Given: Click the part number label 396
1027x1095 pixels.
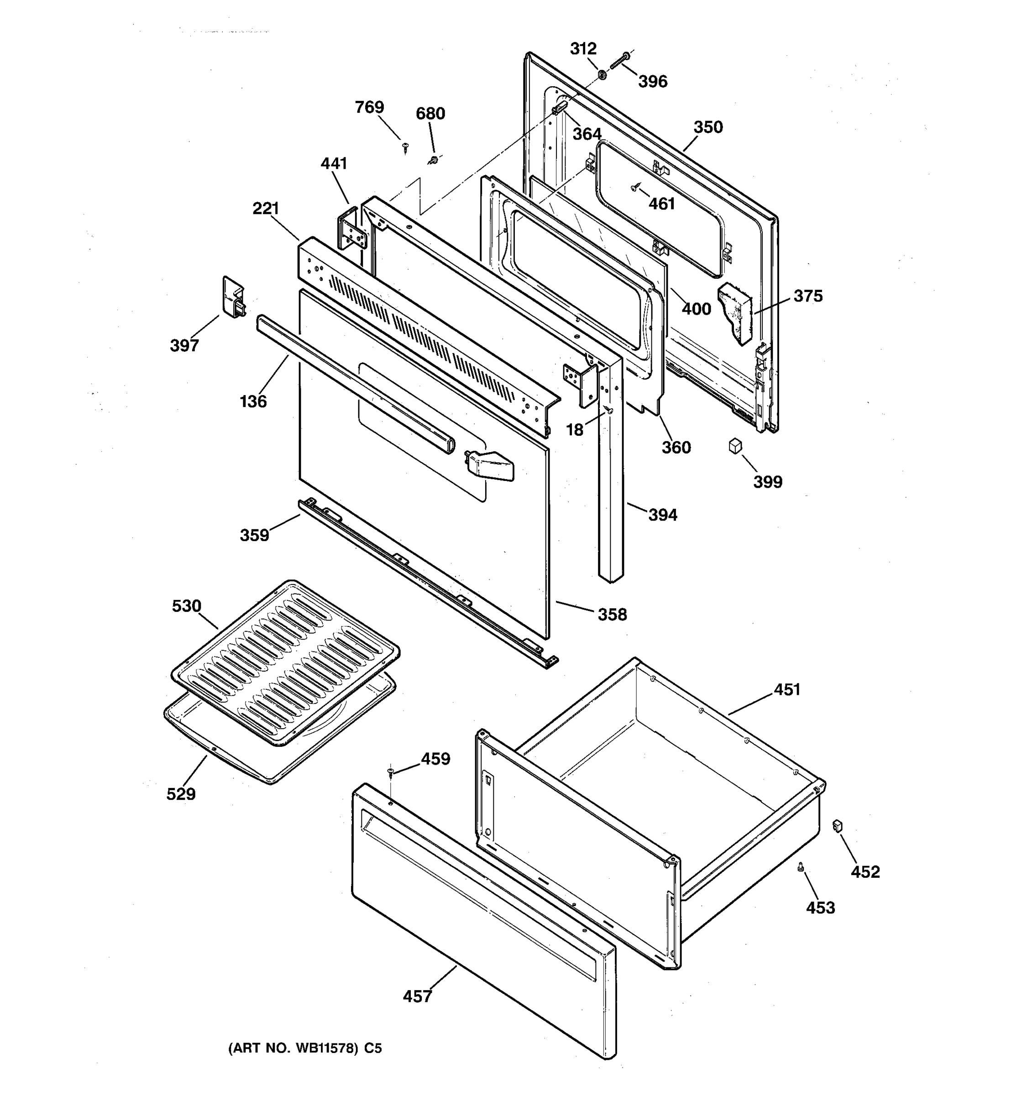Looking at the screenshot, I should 652,82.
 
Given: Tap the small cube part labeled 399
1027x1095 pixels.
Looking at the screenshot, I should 735,446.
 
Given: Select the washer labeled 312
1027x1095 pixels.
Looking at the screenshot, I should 602,73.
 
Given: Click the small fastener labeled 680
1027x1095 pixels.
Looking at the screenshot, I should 434,160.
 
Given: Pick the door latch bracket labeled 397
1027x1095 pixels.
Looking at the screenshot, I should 233,297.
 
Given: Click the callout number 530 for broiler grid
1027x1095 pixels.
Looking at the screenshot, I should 186,606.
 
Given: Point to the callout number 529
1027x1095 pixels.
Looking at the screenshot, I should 181,794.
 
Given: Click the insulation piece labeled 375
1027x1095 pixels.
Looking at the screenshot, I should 735,313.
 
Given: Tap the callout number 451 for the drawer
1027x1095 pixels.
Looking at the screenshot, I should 786,689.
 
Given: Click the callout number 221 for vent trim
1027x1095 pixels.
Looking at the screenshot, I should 266,209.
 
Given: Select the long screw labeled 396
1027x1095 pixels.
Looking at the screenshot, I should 619,62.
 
